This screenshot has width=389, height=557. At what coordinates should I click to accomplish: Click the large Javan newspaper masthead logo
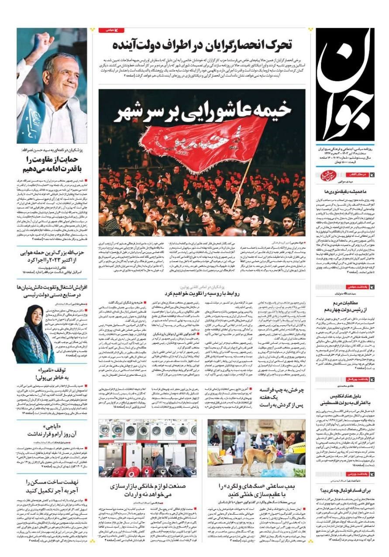click(x=345, y=83)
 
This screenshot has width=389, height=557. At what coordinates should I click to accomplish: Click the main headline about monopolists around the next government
click(x=202, y=45)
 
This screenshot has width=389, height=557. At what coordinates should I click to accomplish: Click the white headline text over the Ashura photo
click(x=202, y=111)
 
